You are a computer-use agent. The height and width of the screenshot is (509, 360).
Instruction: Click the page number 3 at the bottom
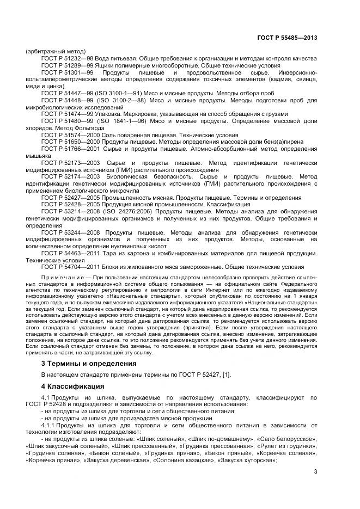tap(315, 472)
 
